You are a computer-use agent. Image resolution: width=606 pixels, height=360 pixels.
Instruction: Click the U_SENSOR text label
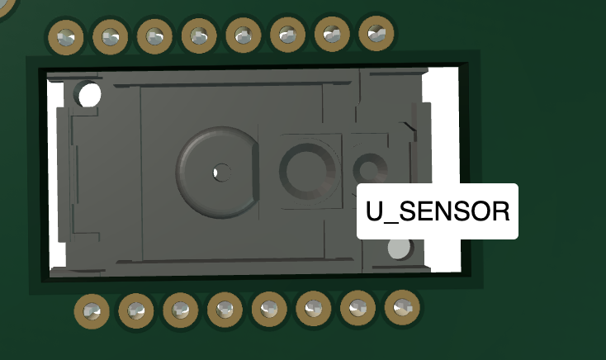438,211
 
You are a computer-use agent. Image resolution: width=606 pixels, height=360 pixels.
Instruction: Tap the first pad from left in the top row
66,37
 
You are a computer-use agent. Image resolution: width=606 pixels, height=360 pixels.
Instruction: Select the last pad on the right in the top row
376,34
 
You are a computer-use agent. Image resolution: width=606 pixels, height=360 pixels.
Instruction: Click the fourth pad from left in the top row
199,36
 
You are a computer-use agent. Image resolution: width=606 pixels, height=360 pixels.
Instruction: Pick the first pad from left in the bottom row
92,311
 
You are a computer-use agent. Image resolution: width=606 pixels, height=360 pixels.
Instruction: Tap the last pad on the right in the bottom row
402,307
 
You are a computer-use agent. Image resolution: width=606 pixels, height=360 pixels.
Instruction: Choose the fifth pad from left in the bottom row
269,309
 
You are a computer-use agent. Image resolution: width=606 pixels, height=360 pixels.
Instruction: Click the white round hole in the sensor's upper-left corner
89,95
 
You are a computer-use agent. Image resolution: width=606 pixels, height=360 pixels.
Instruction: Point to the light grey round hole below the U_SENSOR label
400,249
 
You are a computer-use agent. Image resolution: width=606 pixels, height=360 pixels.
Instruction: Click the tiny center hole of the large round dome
221,173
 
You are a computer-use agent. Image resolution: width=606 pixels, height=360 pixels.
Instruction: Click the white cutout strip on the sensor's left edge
56,174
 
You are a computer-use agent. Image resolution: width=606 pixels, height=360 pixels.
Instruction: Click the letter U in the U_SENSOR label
374,211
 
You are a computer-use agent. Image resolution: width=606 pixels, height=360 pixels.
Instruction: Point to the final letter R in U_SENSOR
500,211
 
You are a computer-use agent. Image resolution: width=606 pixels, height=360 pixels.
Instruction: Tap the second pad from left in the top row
110,36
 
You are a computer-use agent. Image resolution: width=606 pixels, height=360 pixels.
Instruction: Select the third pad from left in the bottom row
181,310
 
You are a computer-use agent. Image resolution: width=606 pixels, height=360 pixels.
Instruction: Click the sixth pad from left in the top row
287,35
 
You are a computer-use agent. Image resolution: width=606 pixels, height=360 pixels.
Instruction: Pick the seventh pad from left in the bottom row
357,308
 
